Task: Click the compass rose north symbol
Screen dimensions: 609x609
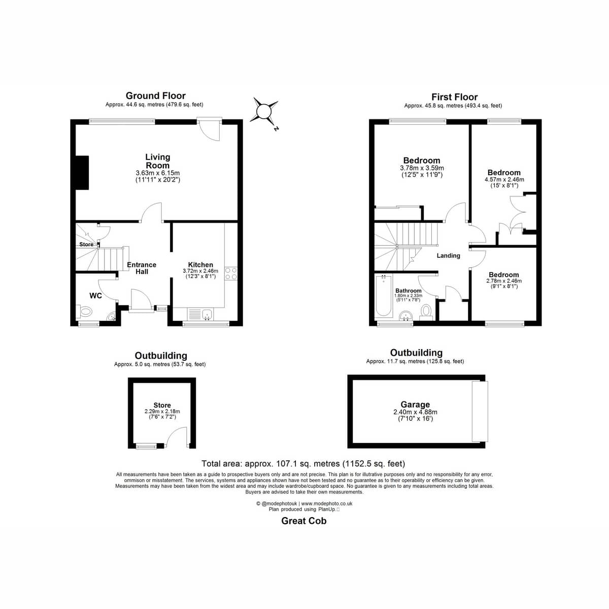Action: point(264,111)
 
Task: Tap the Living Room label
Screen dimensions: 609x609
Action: point(157,161)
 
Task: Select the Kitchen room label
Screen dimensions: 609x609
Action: point(200,265)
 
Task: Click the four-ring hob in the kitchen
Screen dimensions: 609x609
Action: point(231,274)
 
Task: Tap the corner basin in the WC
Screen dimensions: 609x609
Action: point(112,316)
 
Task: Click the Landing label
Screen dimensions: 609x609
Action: point(448,256)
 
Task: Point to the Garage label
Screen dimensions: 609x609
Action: point(415,404)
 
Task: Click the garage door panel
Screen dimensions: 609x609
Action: point(480,411)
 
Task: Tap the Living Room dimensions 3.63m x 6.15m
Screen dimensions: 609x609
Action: point(158,173)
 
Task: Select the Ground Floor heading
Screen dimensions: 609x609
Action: point(155,95)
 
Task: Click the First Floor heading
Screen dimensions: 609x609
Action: point(454,97)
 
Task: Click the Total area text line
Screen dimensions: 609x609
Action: point(303,463)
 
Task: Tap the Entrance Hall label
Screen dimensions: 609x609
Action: point(142,268)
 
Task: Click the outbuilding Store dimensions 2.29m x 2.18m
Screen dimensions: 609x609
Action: point(162,411)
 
